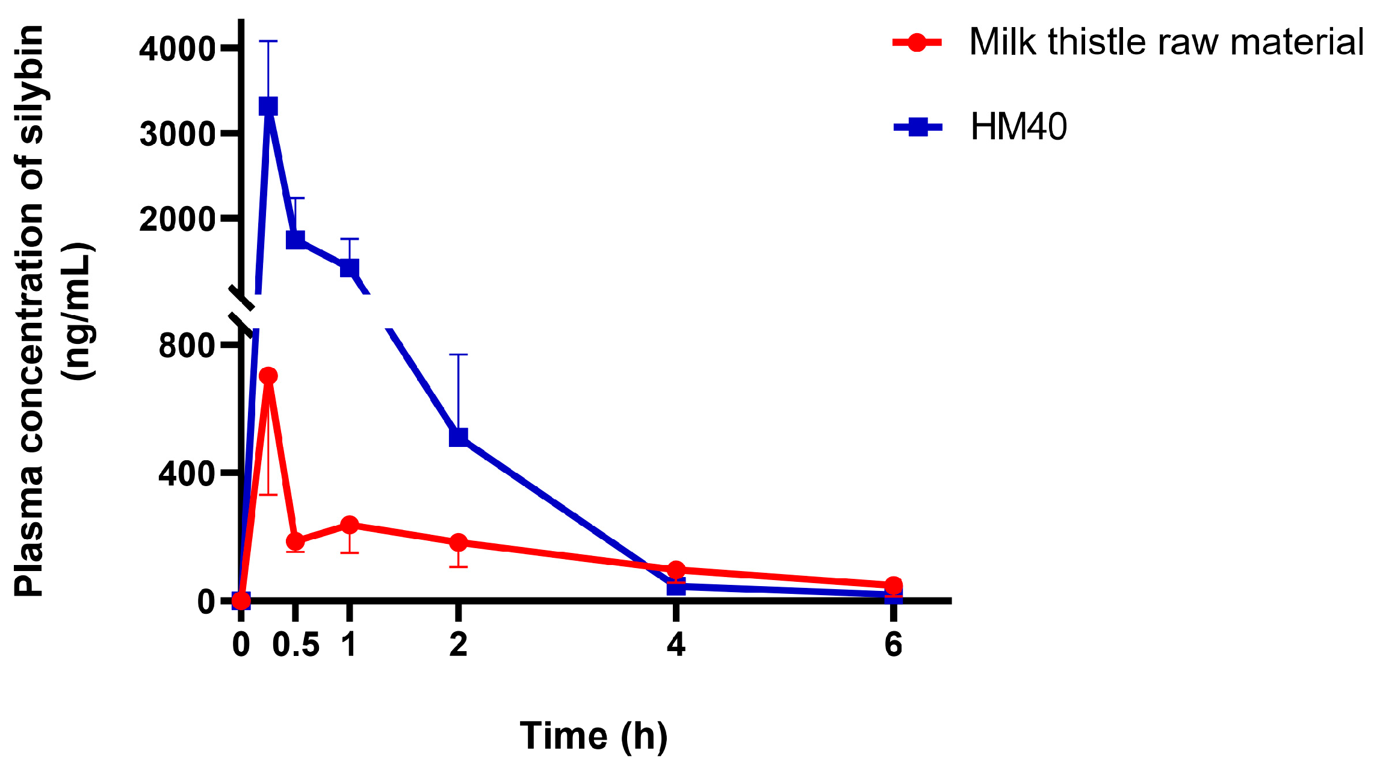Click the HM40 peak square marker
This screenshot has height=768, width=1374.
pos(268,107)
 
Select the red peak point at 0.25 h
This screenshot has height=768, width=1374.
pos(268,376)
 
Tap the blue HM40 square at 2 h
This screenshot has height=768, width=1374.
pos(459,437)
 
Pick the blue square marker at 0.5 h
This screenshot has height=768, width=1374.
pos(295,239)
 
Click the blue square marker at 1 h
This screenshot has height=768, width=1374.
pos(349,267)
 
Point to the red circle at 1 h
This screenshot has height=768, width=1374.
pos(349,525)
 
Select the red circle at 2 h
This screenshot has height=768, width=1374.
pos(459,542)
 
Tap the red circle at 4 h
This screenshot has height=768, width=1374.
pos(676,569)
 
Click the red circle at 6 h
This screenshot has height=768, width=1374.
pos(894,584)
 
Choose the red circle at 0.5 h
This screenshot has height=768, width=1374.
pos(295,541)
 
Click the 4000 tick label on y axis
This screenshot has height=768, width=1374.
pos(177,49)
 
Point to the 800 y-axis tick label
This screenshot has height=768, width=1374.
pos(187,346)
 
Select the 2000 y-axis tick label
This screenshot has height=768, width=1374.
pos(177,219)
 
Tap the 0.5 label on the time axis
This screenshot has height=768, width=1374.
pos(296,645)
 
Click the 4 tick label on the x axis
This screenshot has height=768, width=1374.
pos(676,645)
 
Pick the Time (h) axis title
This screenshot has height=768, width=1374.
pos(593,735)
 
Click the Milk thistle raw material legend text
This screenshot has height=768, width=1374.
pos(1166,42)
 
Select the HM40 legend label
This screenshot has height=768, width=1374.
pos(1018,127)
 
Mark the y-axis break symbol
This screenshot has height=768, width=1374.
pos(243,310)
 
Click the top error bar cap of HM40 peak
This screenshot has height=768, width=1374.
pos(268,41)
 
